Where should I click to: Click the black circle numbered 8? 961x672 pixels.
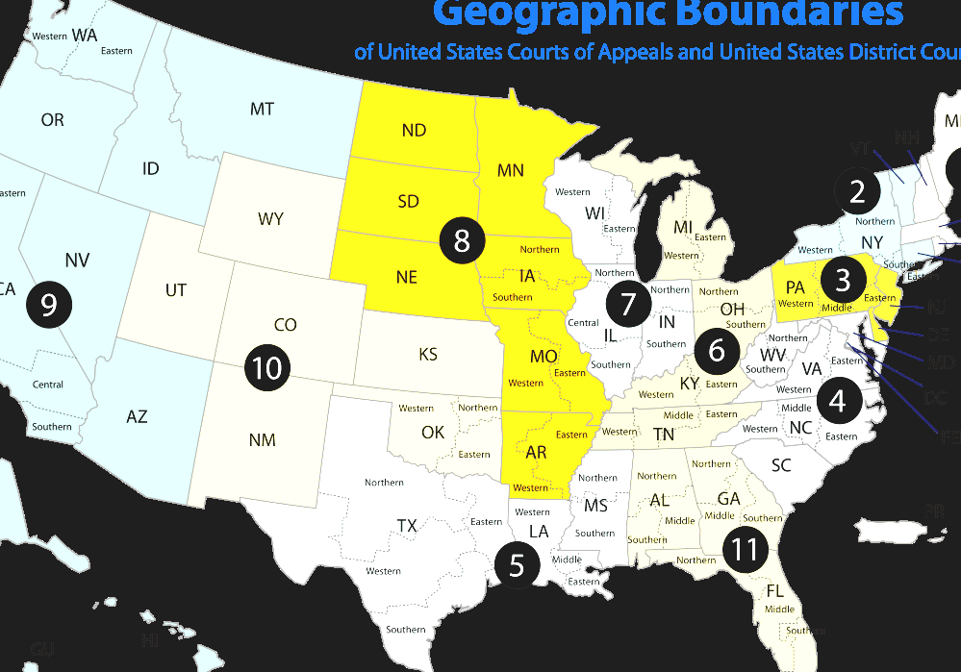pos(462,240)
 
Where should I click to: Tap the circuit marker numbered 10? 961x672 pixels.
pos(267,367)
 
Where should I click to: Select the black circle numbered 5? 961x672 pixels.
pos(517,565)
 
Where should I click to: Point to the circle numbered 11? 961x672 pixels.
pos(745,550)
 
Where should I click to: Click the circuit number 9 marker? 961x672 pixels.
pos(48,304)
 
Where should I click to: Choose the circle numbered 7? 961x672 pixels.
pos(628,305)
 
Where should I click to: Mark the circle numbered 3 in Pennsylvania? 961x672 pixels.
pos(844,280)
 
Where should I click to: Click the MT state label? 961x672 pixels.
pos(262,110)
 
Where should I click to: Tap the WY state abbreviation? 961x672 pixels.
pos(270,219)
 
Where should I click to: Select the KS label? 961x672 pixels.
pos(428,355)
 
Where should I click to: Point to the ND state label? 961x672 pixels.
pos(414,130)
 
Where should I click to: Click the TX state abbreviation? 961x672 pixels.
pos(407,526)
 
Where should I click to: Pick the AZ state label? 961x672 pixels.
pos(137,416)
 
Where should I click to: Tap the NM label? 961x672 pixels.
pos(262,440)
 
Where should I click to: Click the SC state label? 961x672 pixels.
pos(781,465)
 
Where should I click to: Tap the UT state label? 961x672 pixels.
pos(175,289)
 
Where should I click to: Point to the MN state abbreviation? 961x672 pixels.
pos(511,170)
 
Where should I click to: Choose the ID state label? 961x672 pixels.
pos(150,169)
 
